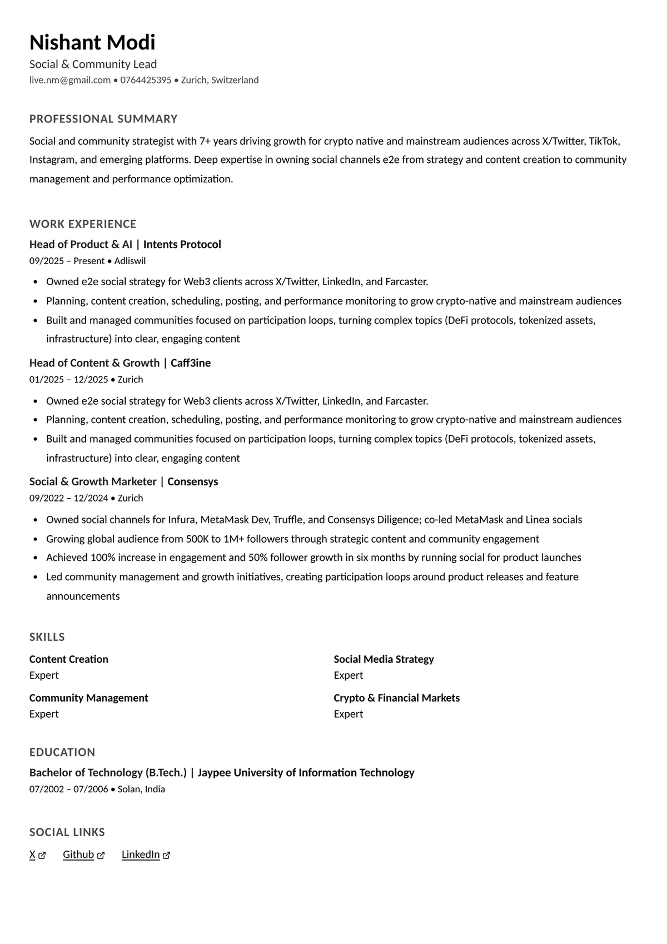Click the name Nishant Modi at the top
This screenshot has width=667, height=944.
pyautogui.click(x=92, y=43)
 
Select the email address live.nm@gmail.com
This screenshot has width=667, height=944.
pyautogui.click(x=70, y=80)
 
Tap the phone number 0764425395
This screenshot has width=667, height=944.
pyautogui.click(x=146, y=80)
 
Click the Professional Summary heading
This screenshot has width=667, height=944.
pyautogui.click(x=103, y=119)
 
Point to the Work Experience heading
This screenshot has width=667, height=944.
pyautogui.click(x=83, y=224)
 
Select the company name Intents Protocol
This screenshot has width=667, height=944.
pyautogui.click(x=182, y=245)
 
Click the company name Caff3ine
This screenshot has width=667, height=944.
pyautogui.click(x=191, y=363)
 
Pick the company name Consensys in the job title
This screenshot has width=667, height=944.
pyautogui.click(x=193, y=481)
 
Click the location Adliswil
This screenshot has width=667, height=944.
pyautogui.click(x=130, y=261)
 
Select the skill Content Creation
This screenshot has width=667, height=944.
pyautogui.click(x=69, y=659)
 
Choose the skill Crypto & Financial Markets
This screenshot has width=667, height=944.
pyautogui.click(x=397, y=698)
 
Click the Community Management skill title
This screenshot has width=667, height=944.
pyautogui.click(x=89, y=698)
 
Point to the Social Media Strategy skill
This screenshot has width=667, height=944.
pyautogui.click(x=384, y=659)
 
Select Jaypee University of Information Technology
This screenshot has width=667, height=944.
pyautogui.click(x=306, y=773)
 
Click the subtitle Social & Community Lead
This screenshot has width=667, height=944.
pyautogui.click(x=93, y=64)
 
